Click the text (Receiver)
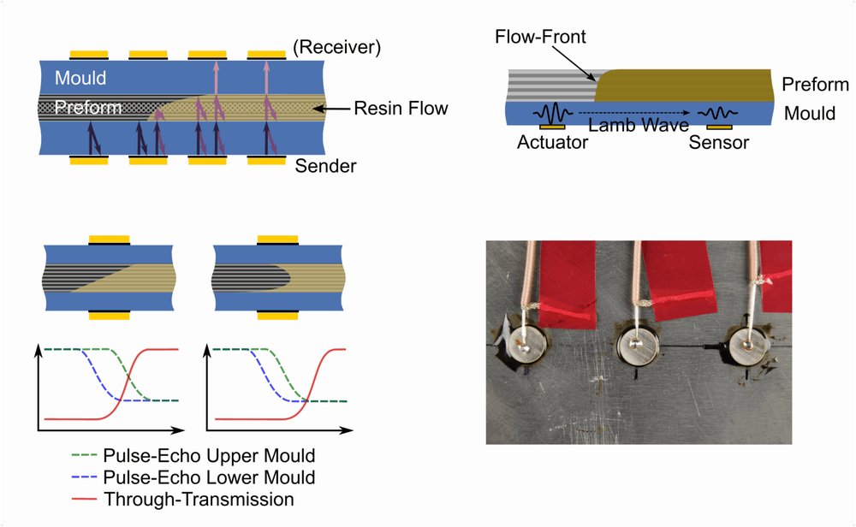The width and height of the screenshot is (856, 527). (x=336, y=47)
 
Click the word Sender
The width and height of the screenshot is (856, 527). (x=325, y=166)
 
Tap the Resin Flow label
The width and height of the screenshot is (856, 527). (x=401, y=108)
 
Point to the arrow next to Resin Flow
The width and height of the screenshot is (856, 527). (x=331, y=110)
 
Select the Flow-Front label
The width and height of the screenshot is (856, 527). (x=540, y=37)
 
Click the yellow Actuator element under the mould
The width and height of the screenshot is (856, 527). (x=552, y=127)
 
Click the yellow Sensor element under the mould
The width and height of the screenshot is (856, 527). (x=719, y=127)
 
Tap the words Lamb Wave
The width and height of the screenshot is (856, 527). (x=639, y=125)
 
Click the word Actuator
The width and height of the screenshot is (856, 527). (x=552, y=142)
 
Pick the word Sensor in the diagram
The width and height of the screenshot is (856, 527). (x=718, y=142)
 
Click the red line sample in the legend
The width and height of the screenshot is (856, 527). (x=84, y=499)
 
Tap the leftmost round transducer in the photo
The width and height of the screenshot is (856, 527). (x=524, y=344)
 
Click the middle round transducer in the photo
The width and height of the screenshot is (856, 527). (x=637, y=346)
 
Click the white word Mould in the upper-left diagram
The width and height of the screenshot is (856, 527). (x=80, y=78)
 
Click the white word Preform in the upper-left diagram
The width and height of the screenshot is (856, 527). (x=88, y=108)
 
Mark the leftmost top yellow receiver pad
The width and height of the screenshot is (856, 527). (x=89, y=55)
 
